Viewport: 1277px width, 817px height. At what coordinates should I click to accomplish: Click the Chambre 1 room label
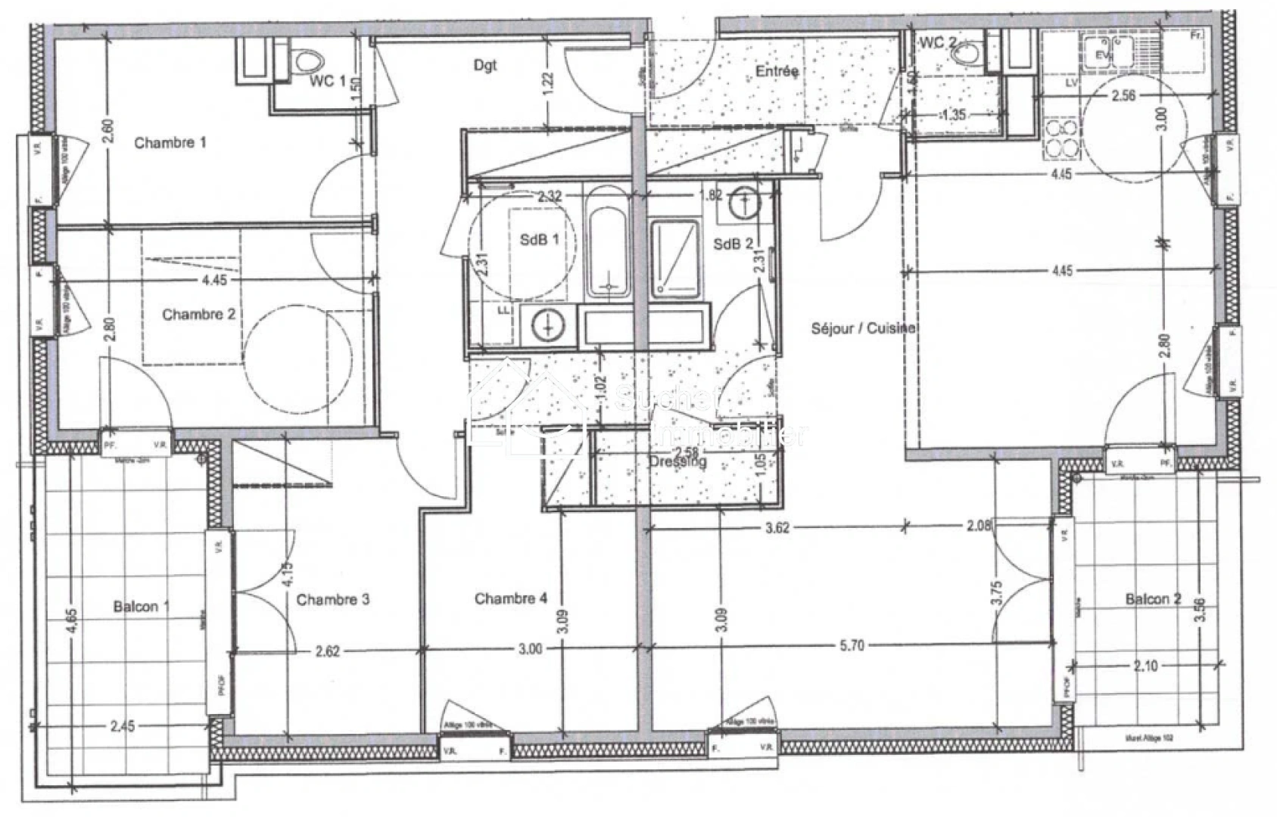[x=170, y=142]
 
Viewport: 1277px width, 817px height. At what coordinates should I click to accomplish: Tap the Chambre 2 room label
[x=198, y=314]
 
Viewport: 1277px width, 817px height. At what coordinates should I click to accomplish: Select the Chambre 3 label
[x=332, y=600]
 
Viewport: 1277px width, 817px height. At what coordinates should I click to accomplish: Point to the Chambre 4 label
[x=510, y=598]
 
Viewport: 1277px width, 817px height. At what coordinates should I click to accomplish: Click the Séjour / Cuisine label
[x=862, y=328]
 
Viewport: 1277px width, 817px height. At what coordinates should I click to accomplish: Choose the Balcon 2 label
[x=1153, y=599]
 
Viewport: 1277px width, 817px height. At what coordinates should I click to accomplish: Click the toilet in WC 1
[x=307, y=59]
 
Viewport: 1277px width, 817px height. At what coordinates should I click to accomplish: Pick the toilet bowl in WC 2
[x=964, y=54]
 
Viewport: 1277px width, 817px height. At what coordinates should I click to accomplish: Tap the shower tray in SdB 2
[x=674, y=257]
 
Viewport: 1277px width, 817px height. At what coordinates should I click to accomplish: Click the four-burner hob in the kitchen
[x=1061, y=139]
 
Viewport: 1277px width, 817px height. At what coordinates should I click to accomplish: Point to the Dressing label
[x=677, y=461]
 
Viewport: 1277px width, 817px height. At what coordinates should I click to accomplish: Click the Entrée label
[x=777, y=71]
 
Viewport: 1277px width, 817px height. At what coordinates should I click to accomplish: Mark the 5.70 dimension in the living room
[x=852, y=645]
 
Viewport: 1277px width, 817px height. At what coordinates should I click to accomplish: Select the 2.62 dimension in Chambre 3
[x=327, y=651]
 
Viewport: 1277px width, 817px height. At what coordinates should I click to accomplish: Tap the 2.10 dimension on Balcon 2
[x=1145, y=666]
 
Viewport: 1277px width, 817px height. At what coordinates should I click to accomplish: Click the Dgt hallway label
[x=485, y=65]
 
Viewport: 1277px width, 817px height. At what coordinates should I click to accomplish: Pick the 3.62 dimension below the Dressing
[x=777, y=527]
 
